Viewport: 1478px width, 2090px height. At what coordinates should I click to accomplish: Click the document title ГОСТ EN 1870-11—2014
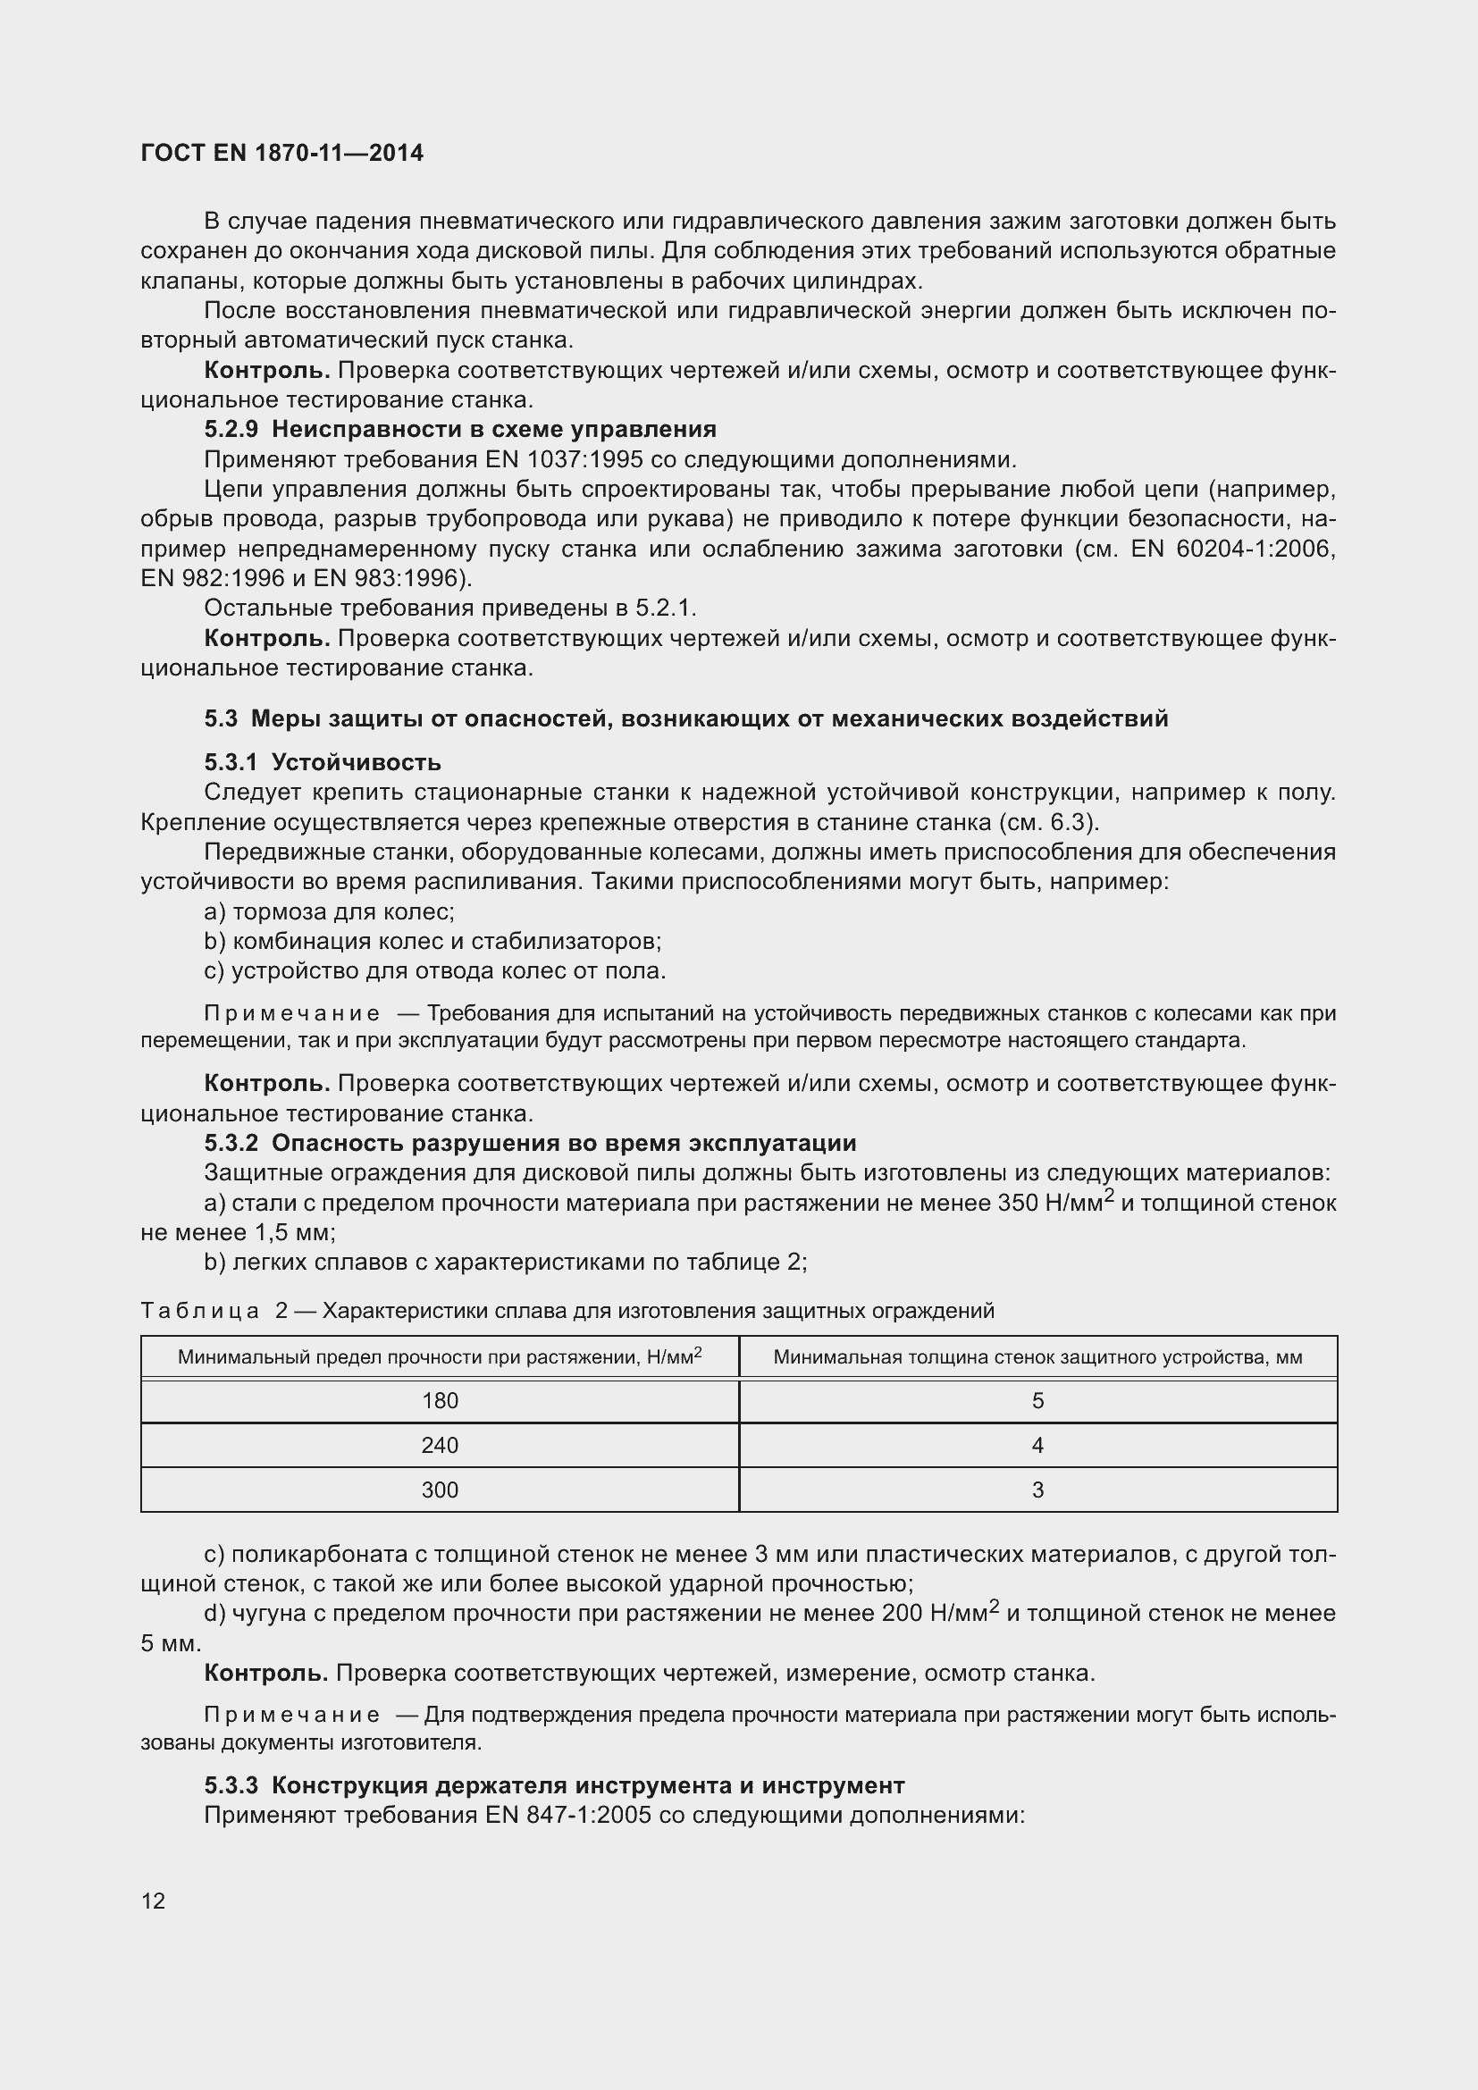coord(282,153)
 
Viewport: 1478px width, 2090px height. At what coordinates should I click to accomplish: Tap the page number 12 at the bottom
coord(153,1900)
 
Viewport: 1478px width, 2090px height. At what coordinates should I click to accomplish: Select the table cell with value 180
coord(440,1401)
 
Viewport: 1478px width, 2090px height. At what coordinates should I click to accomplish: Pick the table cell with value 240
coord(440,1446)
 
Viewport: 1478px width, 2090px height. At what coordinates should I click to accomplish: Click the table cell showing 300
coord(440,1490)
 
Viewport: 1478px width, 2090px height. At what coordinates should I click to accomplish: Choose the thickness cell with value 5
coord(1037,1401)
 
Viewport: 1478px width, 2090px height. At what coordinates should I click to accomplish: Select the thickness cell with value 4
coord(1037,1446)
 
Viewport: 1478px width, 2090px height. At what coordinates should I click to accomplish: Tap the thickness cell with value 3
coord(1037,1490)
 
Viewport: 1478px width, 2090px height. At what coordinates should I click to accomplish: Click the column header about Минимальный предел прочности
coord(440,1357)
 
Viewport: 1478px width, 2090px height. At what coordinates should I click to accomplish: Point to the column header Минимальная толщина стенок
coord(1037,1357)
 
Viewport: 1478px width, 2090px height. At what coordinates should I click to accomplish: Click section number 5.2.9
coord(231,430)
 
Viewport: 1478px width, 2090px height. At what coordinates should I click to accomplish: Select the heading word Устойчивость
coord(356,762)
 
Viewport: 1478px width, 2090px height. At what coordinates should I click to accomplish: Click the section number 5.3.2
coord(231,1144)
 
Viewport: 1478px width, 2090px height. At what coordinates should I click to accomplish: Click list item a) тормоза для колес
coord(330,911)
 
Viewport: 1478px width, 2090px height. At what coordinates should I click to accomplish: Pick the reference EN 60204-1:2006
coord(1233,550)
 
